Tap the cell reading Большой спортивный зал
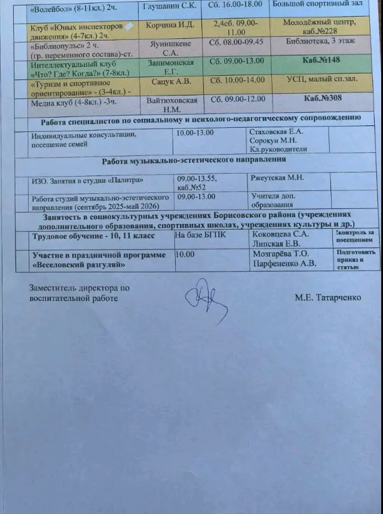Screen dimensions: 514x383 click(x=316, y=5)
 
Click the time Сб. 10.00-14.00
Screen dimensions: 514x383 click(x=237, y=80)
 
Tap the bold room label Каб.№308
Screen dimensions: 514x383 click(x=323, y=98)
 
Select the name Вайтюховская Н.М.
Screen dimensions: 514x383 click(x=172, y=104)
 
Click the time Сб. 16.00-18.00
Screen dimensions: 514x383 click(x=237, y=5)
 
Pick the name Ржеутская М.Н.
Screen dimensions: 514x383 click(x=278, y=178)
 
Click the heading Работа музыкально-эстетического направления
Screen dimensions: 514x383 click(x=194, y=161)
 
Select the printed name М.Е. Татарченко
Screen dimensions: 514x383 click(x=328, y=297)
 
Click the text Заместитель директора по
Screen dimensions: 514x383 click(x=79, y=288)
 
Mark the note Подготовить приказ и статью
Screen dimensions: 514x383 click(x=355, y=259)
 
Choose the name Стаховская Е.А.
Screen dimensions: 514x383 click(x=276, y=131)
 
